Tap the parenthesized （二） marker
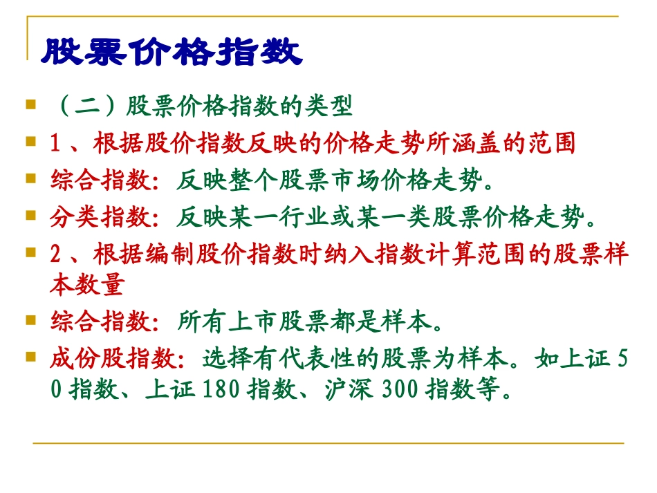click(x=87, y=108)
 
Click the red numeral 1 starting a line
click(x=55, y=144)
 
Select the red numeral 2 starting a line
click(x=55, y=255)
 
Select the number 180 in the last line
click(x=222, y=391)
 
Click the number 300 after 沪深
click(x=399, y=391)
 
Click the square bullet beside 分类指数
click(x=30, y=216)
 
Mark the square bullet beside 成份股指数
click(x=30, y=357)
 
